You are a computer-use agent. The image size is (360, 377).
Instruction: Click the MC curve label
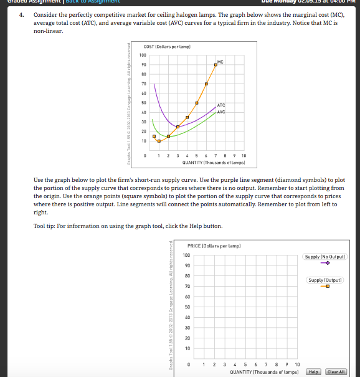(220, 62)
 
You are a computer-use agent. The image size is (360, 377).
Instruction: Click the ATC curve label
(221, 105)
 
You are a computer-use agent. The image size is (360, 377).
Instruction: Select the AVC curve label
(221, 112)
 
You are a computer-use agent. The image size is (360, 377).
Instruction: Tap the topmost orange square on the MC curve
(216, 65)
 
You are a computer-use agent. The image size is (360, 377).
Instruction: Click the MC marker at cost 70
(206, 84)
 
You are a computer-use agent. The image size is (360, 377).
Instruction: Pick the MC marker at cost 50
(197, 103)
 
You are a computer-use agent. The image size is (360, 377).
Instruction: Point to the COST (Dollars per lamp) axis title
(167, 47)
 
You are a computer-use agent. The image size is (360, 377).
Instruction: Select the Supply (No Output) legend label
(326, 257)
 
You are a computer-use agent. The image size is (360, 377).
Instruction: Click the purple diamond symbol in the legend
(325, 263)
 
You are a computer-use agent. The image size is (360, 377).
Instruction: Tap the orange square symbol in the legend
(325, 287)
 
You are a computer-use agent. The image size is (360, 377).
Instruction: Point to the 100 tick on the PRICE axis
(186, 255)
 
